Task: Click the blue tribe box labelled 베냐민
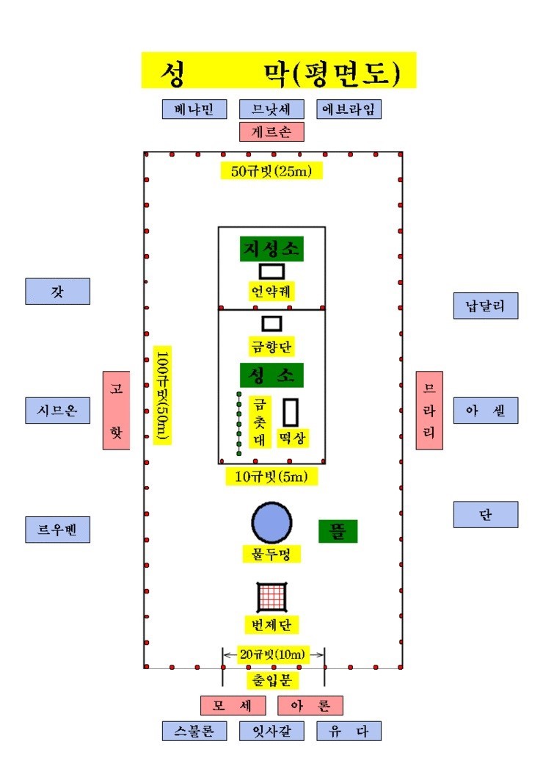click(x=194, y=109)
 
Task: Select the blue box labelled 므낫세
click(x=271, y=109)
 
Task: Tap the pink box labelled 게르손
click(x=271, y=132)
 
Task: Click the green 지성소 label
click(x=271, y=249)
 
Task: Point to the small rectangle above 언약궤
click(x=272, y=271)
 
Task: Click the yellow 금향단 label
click(x=271, y=346)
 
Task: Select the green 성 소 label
click(x=271, y=375)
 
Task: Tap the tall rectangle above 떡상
click(x=291, y=413)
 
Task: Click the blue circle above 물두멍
click(x=272, y=523)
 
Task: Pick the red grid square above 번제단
click(x=272, y=597)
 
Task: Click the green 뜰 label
click(x=338, y=531)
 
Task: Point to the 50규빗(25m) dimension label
click(x=271, y=170)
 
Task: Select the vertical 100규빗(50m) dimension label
click(x=162, y=395)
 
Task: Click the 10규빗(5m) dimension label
click(x=271, y=476)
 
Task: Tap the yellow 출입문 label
click(x=271, y=680)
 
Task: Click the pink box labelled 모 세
click(x=233, y=706)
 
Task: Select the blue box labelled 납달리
click(x=486, y=306)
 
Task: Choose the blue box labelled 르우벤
click(x=58, y=530)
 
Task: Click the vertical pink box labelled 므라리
click(x=429, y=411)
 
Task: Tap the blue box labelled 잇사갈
click(x=271, y=732)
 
